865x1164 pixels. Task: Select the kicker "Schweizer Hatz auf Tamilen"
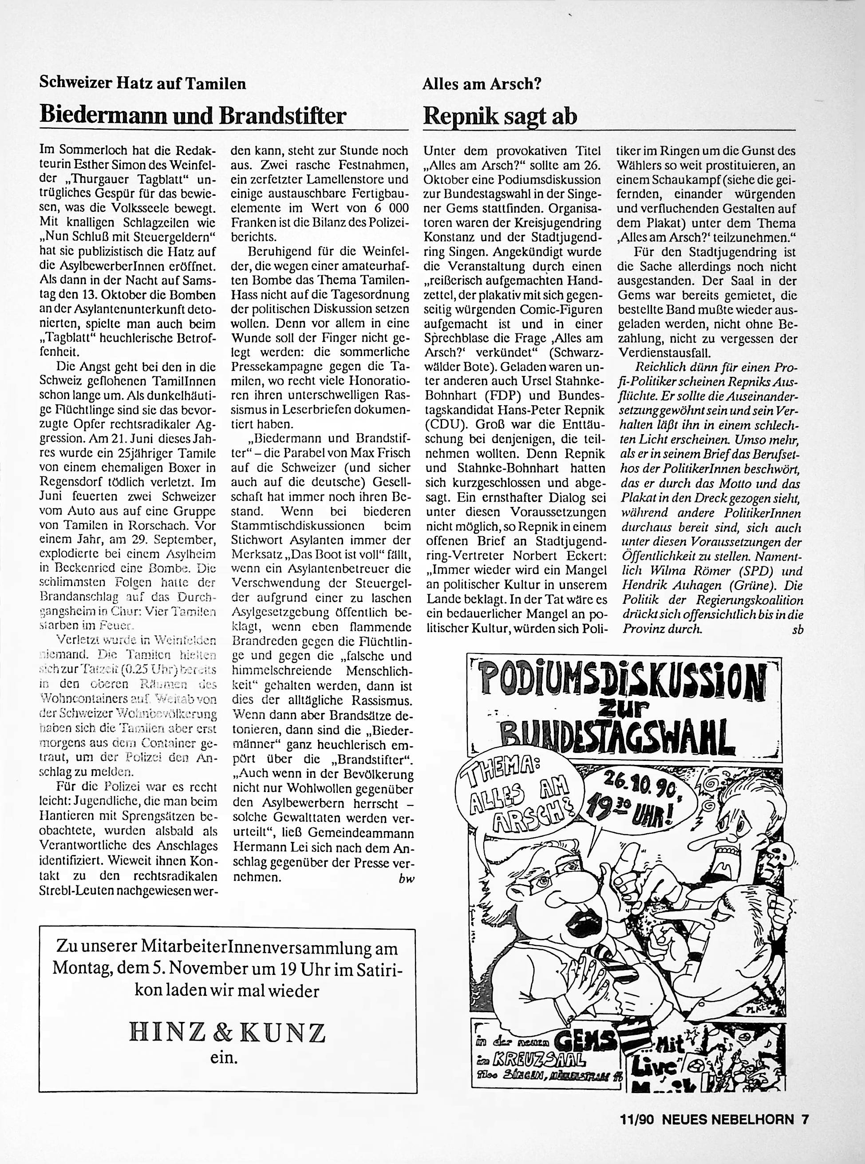point(143,84)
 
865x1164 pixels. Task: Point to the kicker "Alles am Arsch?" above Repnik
point(482,84)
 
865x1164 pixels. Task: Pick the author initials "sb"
point(798,630)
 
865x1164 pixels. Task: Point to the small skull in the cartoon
point(772,857)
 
